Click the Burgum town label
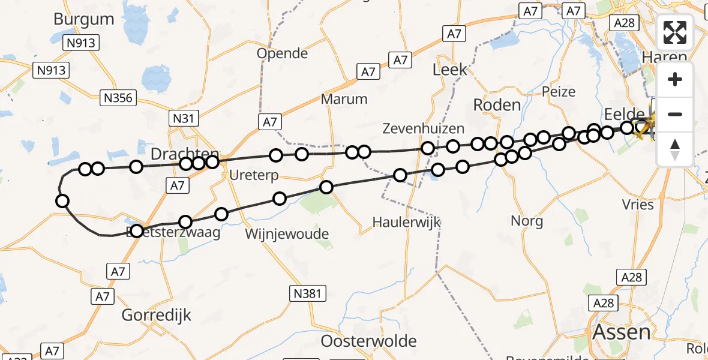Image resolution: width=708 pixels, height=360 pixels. (x=83, y=19)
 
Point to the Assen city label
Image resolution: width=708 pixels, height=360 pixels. (x=621, y=332)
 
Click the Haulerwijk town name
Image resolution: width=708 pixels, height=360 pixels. (x=406, y=222)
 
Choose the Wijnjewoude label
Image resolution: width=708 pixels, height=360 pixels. (x=287, y=233)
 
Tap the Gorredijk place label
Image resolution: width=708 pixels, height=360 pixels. (x=156, y=314)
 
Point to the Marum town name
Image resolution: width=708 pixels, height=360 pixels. (x=344, y=99)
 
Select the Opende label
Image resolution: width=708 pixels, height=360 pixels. (x=282, y=53)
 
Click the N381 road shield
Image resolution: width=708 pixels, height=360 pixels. (x=309, y=293)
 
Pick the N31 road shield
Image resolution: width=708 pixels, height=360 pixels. (x=183, y=118)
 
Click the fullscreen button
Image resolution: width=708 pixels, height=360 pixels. (x=675, y=32)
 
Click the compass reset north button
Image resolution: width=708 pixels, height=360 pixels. (x=675, y=149)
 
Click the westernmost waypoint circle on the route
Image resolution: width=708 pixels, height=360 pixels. (x=62, y=201)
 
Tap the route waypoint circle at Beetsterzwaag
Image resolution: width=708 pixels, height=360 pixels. (x=137, y=231)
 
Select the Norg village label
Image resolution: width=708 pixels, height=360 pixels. (x=527, y=221)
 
